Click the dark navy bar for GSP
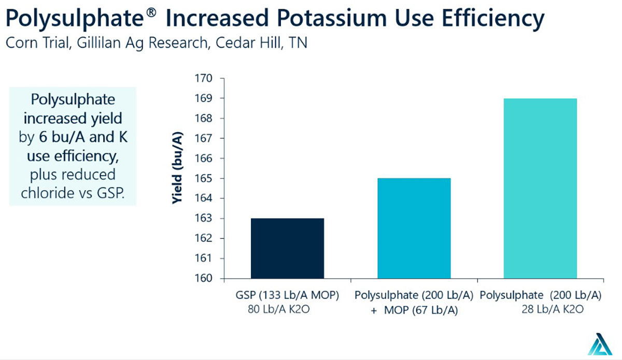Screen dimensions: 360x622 pos(287,248)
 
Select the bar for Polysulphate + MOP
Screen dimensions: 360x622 pos(414,228)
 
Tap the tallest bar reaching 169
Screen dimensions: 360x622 pos(540,188)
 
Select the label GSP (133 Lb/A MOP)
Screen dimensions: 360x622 pos(287,296)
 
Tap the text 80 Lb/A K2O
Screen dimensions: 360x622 pos(280,310)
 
